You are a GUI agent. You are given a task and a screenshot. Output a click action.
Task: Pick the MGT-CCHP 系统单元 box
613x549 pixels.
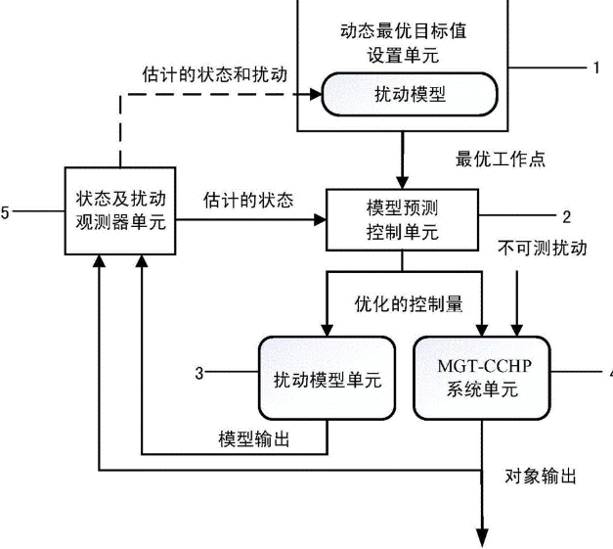tap(482, 378)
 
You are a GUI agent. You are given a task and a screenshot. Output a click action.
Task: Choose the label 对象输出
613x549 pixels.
tap(541, 477)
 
